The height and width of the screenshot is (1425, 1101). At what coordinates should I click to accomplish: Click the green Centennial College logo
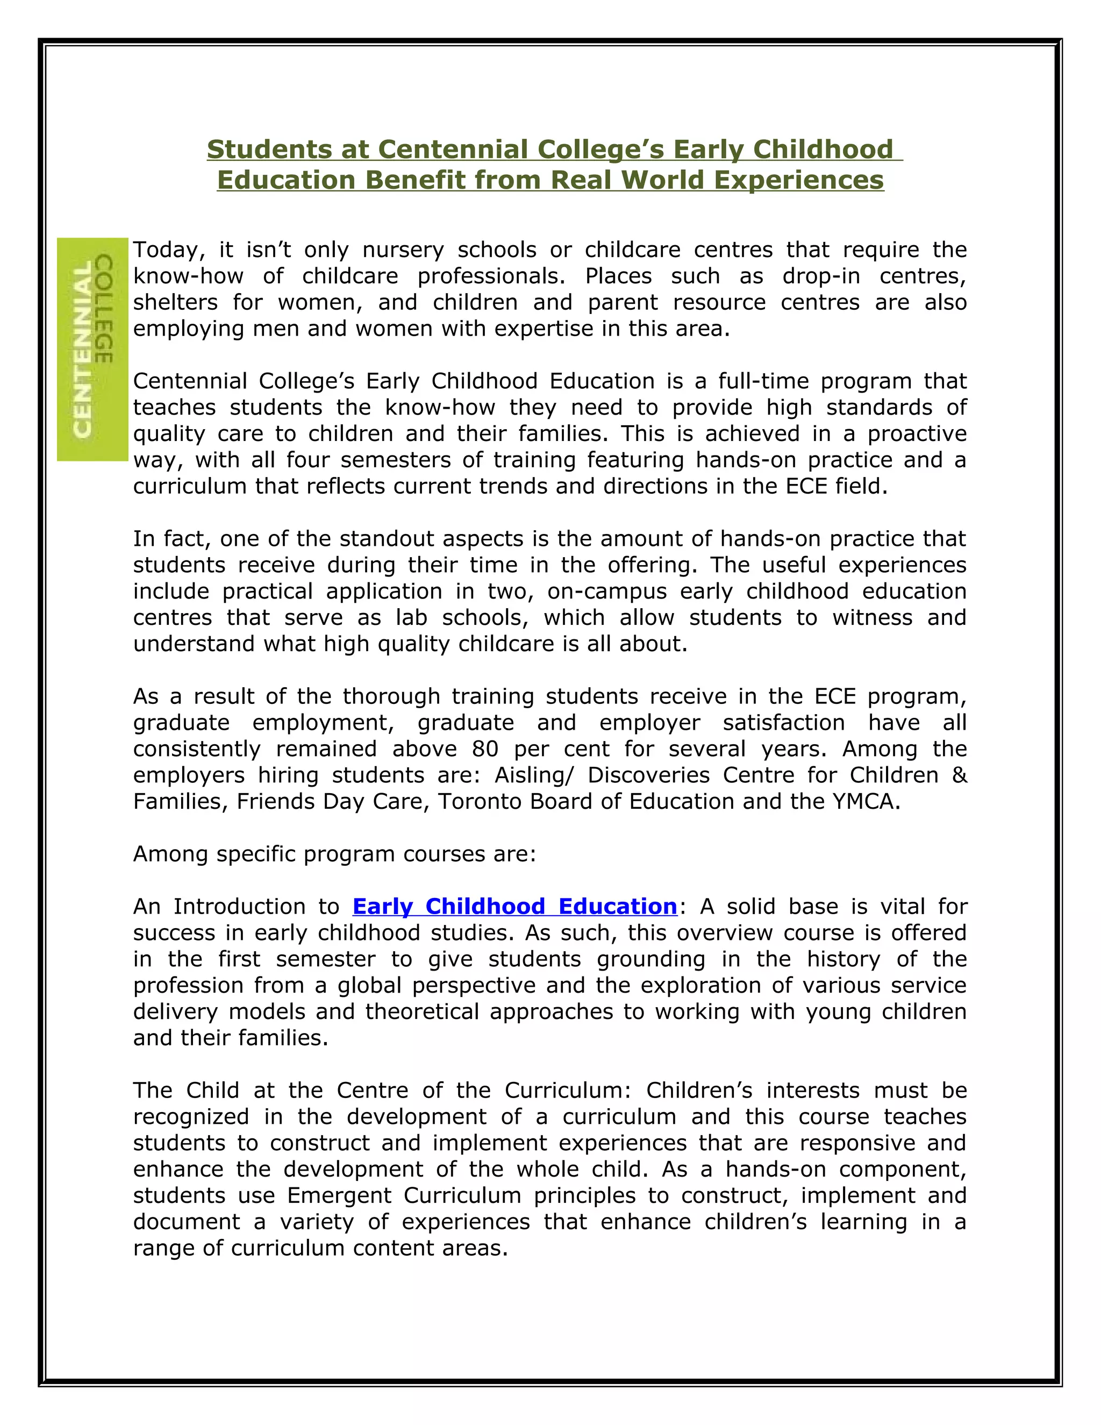click(92, 349)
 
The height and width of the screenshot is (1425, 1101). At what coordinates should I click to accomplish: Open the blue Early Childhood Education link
click(514, 906)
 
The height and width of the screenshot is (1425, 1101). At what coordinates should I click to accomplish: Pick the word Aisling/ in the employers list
click(535, 775)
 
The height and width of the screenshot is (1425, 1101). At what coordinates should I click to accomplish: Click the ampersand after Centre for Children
click(959, 775)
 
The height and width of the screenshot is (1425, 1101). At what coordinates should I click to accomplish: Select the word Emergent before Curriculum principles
click(339, 1195)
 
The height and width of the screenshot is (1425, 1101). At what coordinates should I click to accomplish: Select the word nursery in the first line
click(403, 250)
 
